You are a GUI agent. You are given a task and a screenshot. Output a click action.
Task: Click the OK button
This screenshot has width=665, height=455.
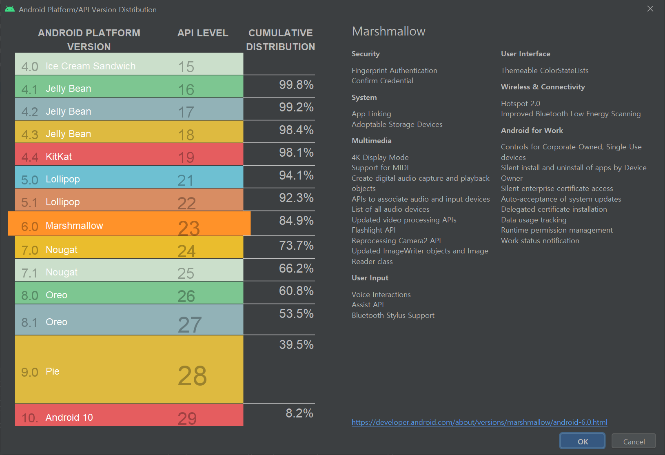(582, 441)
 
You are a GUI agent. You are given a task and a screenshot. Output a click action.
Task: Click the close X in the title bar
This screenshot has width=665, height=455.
(650, 9)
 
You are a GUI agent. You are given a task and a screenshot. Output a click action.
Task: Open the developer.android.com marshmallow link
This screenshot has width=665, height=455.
(479, 422)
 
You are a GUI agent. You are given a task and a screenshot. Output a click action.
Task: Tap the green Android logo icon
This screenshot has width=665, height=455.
(10, 9)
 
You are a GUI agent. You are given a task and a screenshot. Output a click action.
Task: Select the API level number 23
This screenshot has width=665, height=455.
(188, 228)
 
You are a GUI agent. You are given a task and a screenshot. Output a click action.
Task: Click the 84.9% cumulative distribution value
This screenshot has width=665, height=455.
(296, 221)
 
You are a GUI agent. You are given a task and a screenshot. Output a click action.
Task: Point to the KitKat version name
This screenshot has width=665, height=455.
(59, 157)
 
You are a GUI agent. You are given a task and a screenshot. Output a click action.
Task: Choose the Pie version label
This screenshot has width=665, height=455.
(53, 371)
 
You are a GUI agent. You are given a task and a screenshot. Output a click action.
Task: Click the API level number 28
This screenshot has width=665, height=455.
(192, 376)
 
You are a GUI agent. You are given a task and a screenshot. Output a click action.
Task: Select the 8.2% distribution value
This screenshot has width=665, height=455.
(299, 413)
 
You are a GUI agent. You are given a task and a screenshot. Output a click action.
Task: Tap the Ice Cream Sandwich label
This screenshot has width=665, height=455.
(90, 66)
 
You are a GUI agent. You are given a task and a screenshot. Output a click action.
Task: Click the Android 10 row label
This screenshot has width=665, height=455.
(69, 417)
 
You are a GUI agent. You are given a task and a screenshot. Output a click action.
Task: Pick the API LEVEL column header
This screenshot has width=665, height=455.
(203, 33)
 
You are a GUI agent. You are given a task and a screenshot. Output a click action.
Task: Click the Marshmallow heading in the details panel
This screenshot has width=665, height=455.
(388, 31)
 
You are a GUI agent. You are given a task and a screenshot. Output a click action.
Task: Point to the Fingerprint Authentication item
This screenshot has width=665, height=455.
(394, 71)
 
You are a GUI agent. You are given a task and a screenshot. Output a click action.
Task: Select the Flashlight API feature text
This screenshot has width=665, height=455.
(373, 230)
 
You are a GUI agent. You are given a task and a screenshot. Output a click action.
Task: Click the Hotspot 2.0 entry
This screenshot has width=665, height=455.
(520, 104)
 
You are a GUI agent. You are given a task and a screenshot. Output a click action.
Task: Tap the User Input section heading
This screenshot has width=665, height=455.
(370, 278)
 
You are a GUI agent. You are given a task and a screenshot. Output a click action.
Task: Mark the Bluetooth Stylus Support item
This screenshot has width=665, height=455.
(393, 315)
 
